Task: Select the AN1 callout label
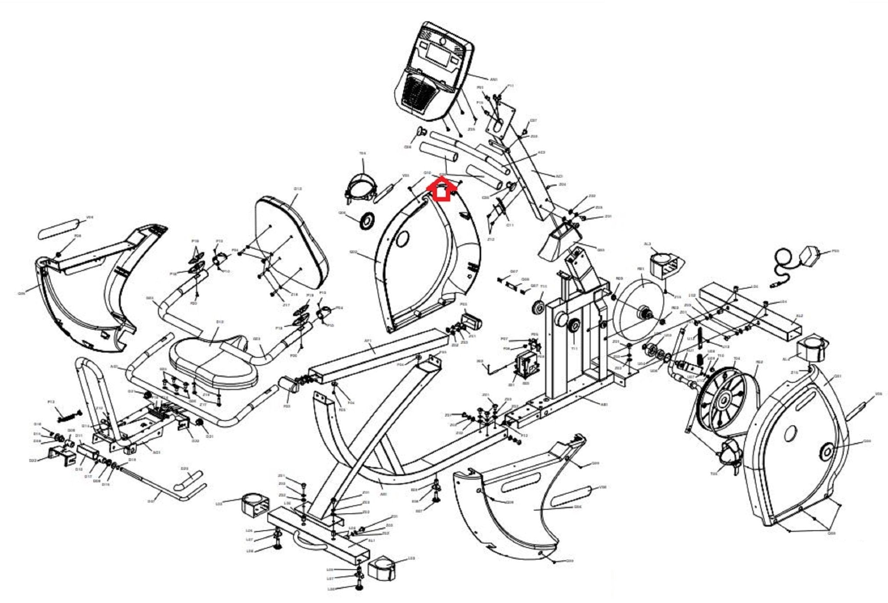coord(494,80)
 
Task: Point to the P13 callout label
coord(51,402)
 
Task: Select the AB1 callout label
coord(604,404)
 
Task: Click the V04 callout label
coord(90,217)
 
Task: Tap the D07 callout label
coord(150,502)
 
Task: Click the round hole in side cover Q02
coord(402,238)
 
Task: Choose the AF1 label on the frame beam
coord(368,341)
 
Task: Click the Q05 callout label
coord(21,293)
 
